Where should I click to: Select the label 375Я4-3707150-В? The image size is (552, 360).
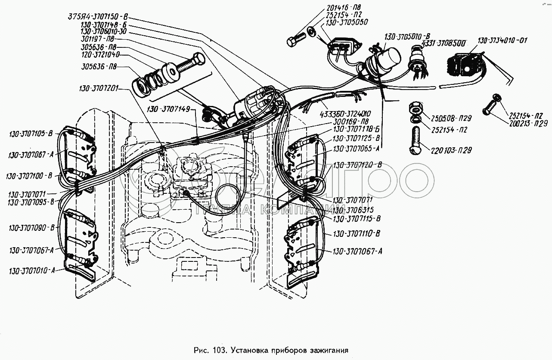click(98, 18)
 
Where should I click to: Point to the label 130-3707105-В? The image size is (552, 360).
click(31, 134)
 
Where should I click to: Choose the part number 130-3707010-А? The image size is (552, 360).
click(31, 271)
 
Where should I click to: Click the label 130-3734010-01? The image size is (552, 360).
click(502, 40)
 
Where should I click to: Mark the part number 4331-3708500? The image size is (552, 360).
click(443, 44)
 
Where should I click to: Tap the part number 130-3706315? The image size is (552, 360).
click(357, 210)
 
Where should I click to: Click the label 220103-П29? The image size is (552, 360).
click(451, 151)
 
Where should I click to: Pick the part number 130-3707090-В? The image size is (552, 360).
click(31, 228)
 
